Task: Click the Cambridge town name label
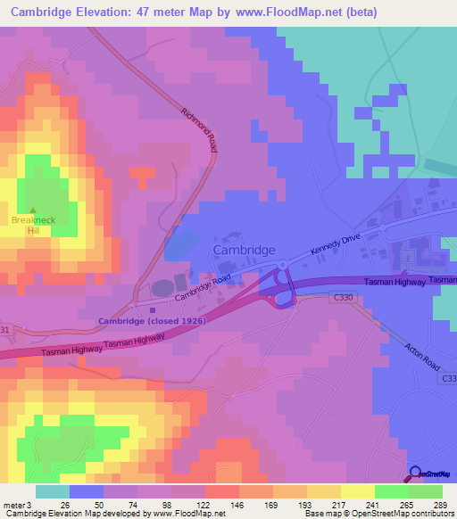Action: (x=244, y=251)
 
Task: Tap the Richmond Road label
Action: (x=199, y=130)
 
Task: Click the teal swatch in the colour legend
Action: (x=53, y=491)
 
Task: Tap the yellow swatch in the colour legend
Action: (x=358, y=491)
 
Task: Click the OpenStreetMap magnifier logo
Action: (x=417, y=473)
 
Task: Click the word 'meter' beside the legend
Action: (x=14, y=503)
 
